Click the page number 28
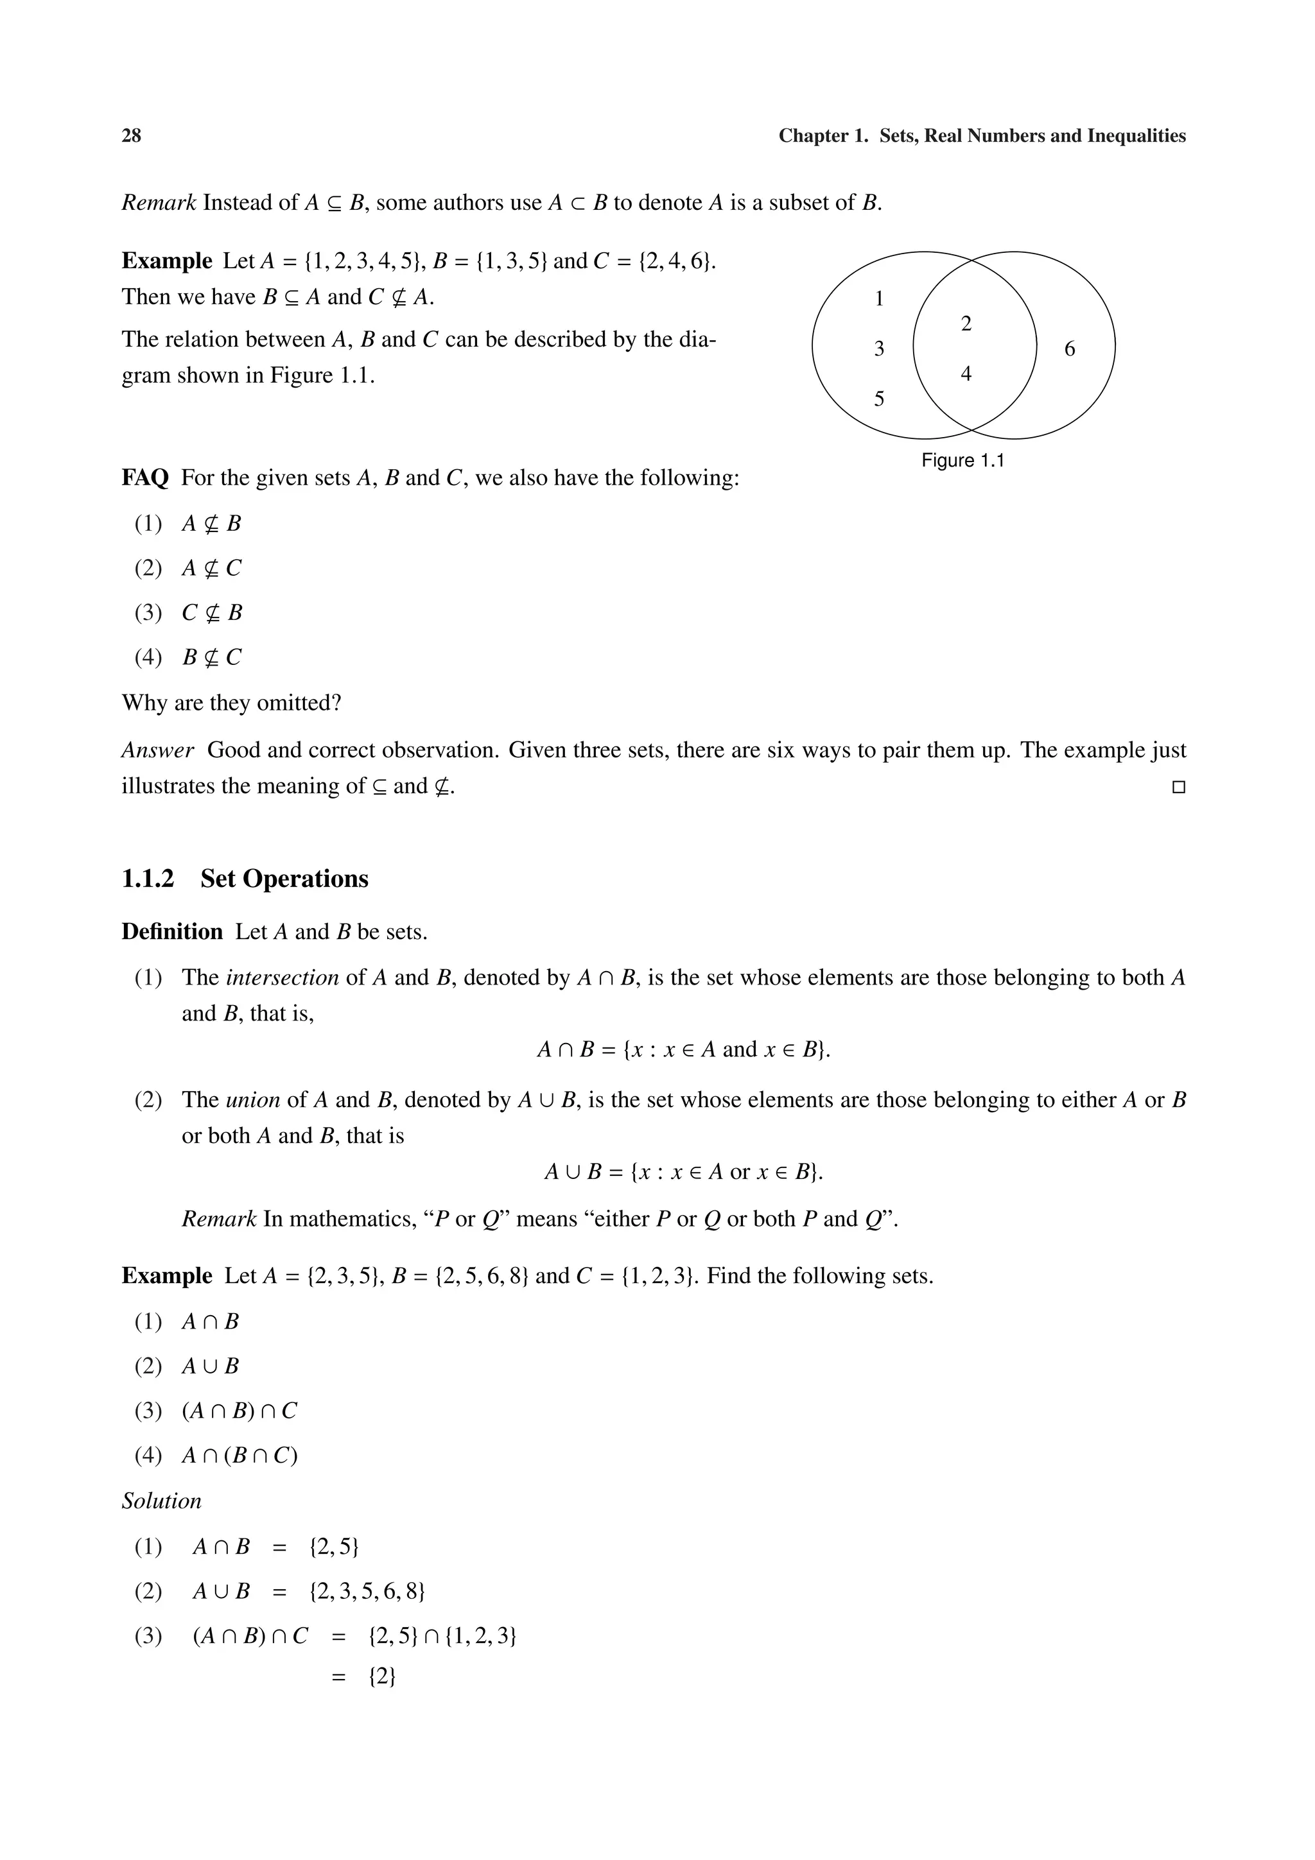coord(131,136)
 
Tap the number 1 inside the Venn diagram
coord(879,299)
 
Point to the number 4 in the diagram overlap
coord(965,374)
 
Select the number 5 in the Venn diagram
coord(879,399)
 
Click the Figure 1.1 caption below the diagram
coord(962,460)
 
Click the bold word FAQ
coord(145,478)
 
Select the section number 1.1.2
coord(148,879)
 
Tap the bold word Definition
coord(172,932)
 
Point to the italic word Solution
coord(161,1501)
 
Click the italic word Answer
coord(157,750)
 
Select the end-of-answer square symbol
coord(1178,787)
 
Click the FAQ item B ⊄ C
coord(211,657)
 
